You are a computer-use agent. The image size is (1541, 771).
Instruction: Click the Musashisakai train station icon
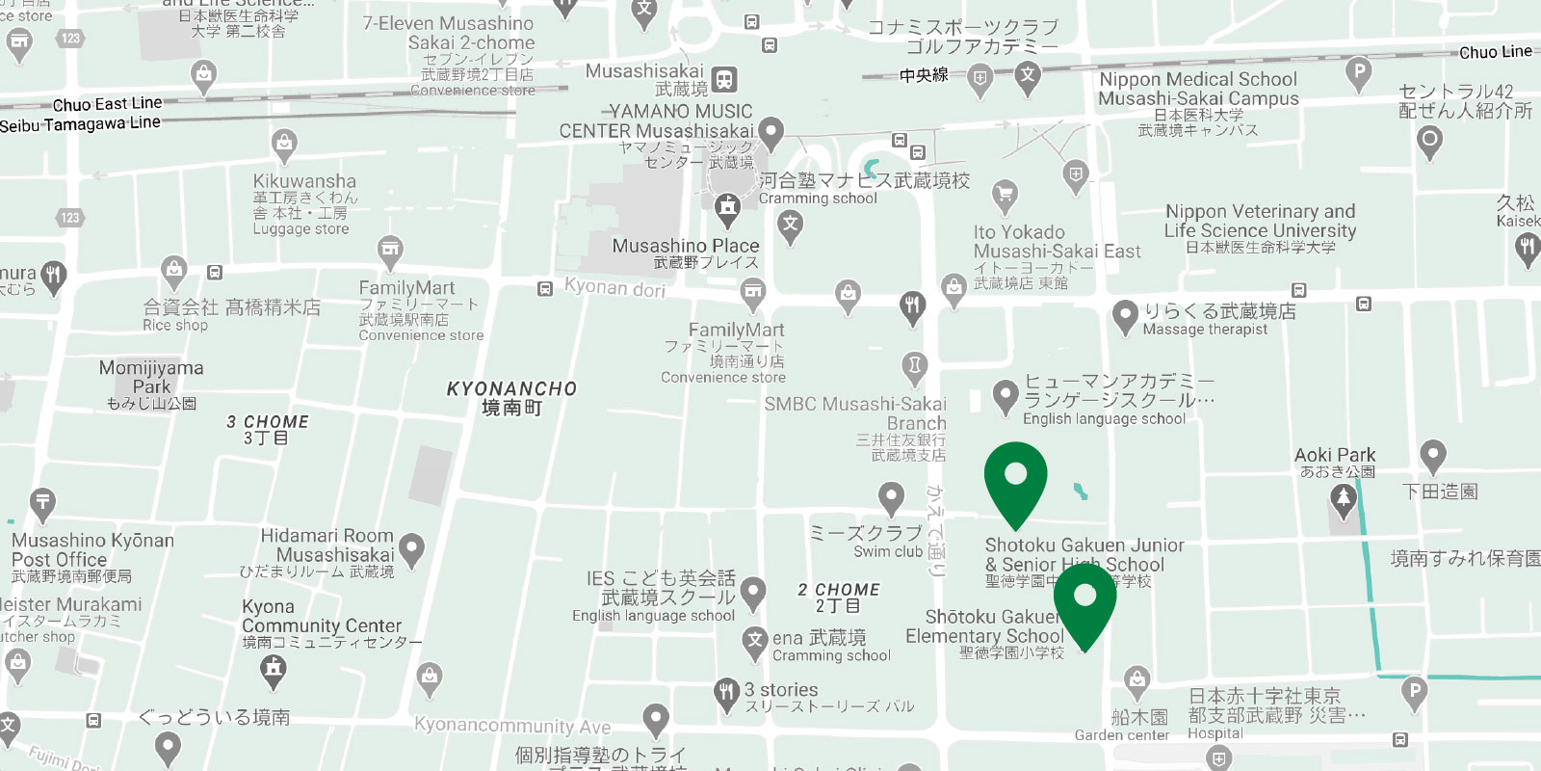click(725, 80)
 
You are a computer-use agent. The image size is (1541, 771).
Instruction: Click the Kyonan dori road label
click(614, 287)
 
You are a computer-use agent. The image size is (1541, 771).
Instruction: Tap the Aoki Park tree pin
click(1343, 499)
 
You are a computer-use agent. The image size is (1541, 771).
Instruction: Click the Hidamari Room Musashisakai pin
click(412, 549)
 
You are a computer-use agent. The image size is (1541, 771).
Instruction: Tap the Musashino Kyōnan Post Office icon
click(42, 503)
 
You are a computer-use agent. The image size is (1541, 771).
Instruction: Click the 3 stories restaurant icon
click(726, 691)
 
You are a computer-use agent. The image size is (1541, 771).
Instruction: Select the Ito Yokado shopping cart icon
click(1005, 196)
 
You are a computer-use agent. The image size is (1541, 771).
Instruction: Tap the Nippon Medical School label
click(1198, 89)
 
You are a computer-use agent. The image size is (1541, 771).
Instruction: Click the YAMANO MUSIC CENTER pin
click(770, 131)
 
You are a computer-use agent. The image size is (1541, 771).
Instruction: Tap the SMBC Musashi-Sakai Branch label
click(855, 413)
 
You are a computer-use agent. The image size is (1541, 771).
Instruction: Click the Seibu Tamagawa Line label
click(80, 123)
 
